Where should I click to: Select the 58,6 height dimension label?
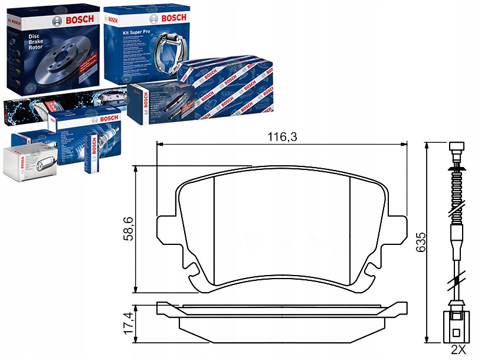point(127,229)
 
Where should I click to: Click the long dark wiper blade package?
point(59,104)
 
